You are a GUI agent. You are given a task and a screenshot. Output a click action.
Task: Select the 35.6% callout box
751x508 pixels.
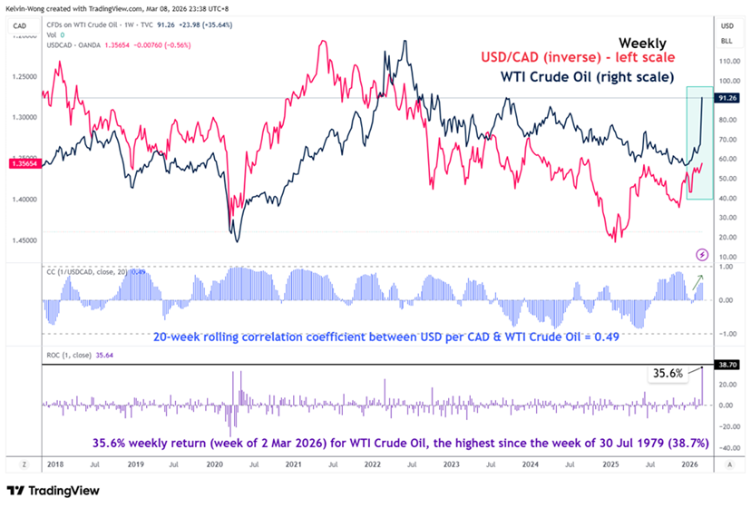coord(665,371)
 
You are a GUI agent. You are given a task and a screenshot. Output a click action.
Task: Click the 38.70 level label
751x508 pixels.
coord(726,363)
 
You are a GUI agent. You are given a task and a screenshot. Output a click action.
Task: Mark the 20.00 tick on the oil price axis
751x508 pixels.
coord(726,236)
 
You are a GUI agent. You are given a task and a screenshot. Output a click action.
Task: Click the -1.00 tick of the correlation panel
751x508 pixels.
coord(726,333)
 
